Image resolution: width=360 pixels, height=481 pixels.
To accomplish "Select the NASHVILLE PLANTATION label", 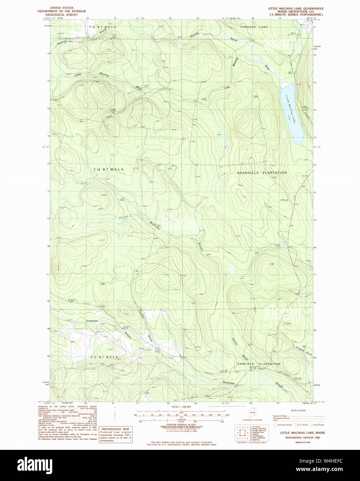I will (x=262, y=172).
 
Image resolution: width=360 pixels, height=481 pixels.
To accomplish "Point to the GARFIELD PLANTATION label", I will (x=259, y=364).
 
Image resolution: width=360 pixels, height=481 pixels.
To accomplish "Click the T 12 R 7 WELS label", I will (x=108, y=169).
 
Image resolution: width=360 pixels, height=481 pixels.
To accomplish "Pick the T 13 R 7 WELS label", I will (x=102, y=27).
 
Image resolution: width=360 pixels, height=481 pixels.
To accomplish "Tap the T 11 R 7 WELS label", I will (x=104, y=357).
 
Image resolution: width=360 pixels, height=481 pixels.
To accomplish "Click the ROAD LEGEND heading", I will (x=298, y=410).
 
